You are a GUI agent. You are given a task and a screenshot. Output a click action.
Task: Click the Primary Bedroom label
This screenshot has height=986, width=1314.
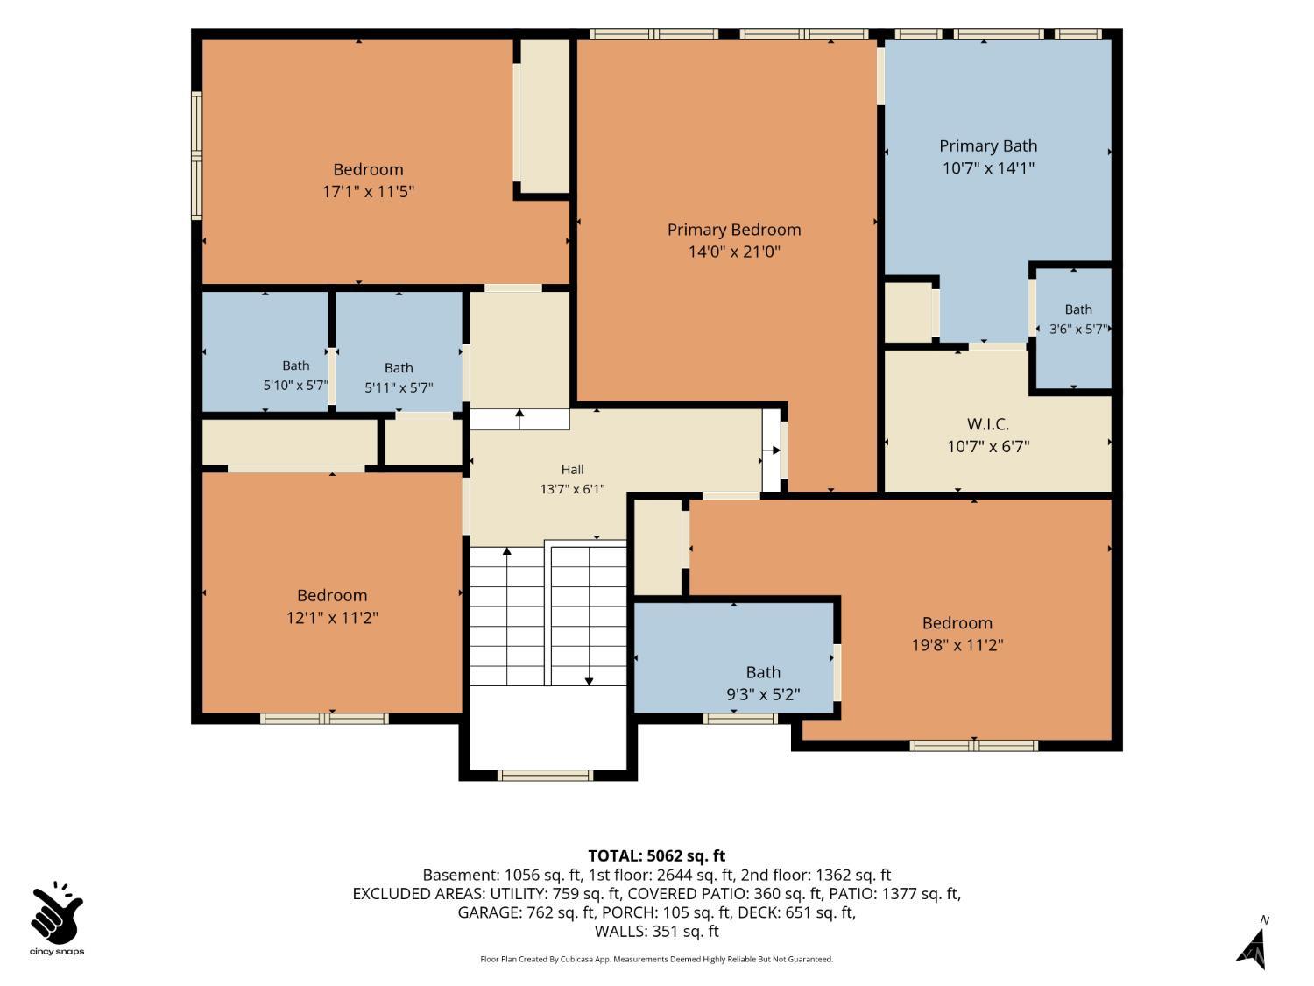[x=733, y=230]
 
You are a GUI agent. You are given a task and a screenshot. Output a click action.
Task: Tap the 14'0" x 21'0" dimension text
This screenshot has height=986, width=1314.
[x=734, y=252]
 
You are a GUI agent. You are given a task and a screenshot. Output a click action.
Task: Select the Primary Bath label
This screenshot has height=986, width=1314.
[x=988, y=146]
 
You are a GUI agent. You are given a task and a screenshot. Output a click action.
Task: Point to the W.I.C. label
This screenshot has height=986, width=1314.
[x=988, y=424]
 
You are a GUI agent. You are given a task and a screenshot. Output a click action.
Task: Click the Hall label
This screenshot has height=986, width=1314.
[x=572, y=470]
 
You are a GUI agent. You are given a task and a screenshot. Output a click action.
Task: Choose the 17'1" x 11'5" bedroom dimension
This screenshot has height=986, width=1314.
[x=368, y=192]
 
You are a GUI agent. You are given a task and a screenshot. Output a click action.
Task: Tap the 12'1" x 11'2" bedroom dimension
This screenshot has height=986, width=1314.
[x=332, y=617]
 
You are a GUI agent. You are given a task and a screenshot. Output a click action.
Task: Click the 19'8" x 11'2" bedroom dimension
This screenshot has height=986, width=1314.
[x=957, y=645]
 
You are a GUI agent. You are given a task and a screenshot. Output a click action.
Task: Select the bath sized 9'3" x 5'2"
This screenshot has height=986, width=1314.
[x=763, y=684]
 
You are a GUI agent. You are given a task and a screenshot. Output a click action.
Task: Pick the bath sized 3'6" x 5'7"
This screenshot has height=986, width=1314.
[x=1078, y=319]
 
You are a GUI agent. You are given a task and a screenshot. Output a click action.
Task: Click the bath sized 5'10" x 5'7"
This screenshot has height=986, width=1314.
[x=296, y=375]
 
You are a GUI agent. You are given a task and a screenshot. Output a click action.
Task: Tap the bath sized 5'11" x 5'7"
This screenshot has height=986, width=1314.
[x=399, y=378]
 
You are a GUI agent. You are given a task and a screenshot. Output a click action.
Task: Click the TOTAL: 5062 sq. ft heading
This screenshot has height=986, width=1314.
[x=657, y=855]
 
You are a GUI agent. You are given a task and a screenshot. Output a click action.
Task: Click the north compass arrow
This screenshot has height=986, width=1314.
[x=1253, y=949]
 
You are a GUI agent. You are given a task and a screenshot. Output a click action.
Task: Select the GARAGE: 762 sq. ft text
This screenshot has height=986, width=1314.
[x=526, y=912]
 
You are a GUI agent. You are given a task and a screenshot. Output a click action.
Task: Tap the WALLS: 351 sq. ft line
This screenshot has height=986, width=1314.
[x=657, y=931]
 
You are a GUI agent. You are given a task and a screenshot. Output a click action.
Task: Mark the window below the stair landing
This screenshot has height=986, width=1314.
[x=545, y=776]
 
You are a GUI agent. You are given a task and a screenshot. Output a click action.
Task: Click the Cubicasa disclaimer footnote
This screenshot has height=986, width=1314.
[x=657, y=959]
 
